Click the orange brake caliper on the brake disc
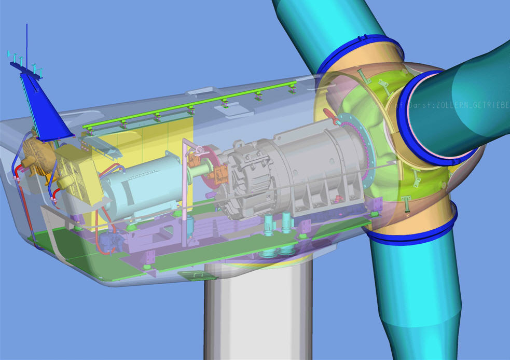click(x=220, y=174)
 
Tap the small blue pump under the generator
click(x=109, y=241)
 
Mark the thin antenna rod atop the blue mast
click(x=27, y=47)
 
